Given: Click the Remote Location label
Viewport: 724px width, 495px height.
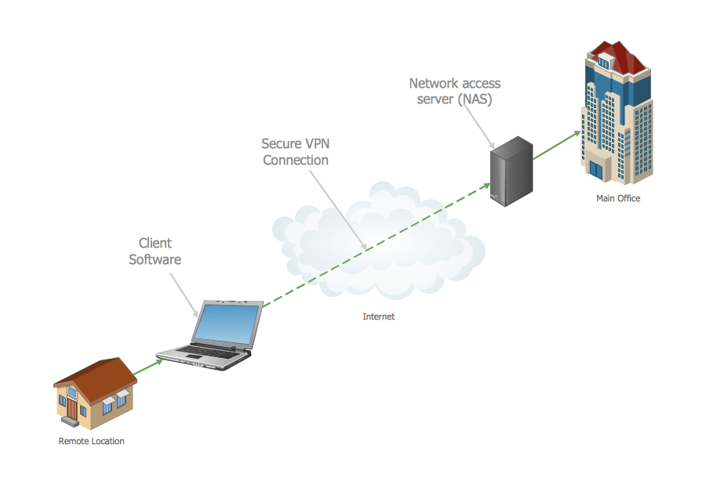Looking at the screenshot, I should pos(91,441).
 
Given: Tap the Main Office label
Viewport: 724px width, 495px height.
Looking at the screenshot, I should pos(618,198).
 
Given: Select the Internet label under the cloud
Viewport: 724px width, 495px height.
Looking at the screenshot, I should pos(378,317).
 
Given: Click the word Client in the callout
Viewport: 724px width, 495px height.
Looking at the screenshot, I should pos(155,244).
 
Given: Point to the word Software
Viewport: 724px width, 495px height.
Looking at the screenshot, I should pos(155,259).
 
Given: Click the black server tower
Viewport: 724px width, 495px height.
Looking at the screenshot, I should pos(511,171).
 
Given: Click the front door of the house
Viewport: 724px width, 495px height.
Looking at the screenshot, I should pos(72,407).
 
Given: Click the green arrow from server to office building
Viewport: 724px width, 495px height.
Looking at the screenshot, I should pos(557,146).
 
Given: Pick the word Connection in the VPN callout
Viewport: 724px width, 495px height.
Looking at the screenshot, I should pos(296,160).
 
